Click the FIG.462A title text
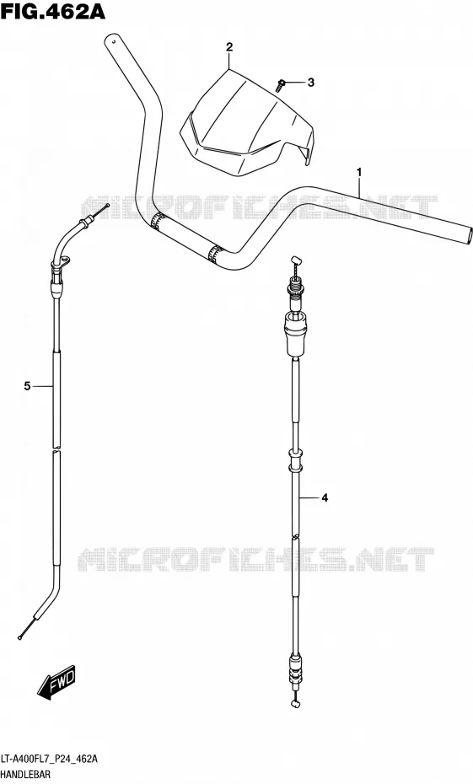pos(52,11)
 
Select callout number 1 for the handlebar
pos(359,173)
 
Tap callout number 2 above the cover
pos(229,47)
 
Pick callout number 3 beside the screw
pos(310,83)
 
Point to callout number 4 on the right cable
pos(325,498)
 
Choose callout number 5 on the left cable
pos(28,386)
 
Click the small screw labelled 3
pos(281,85)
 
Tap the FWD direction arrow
pos(56,681)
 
